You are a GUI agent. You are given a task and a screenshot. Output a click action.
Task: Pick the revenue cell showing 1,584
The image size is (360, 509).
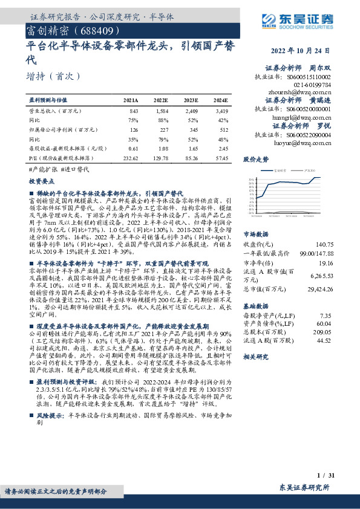pos(161,111)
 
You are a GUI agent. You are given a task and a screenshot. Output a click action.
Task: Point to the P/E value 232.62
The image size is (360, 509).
pos(130,157)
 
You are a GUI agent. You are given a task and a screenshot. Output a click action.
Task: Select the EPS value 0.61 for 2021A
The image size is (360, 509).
pos(133,148)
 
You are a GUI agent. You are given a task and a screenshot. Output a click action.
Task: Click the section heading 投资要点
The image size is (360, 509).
pos(42,180)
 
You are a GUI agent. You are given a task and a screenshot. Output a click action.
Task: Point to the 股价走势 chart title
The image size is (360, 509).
pos(255,161)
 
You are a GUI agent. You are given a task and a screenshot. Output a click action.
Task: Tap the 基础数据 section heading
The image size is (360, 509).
pos(255,305)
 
